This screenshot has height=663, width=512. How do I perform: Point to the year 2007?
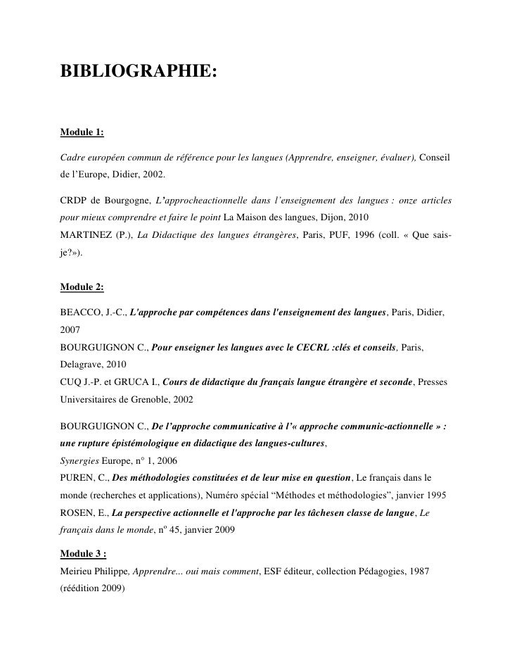pyautogui.click(x=71, y=328)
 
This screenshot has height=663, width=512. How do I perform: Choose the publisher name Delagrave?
pyautogui.click(x=82, y=365)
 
